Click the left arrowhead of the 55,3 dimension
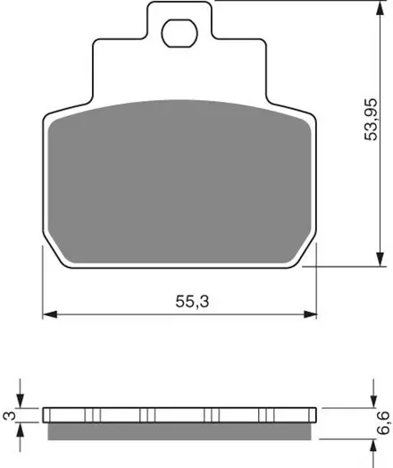tap(50, 314)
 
